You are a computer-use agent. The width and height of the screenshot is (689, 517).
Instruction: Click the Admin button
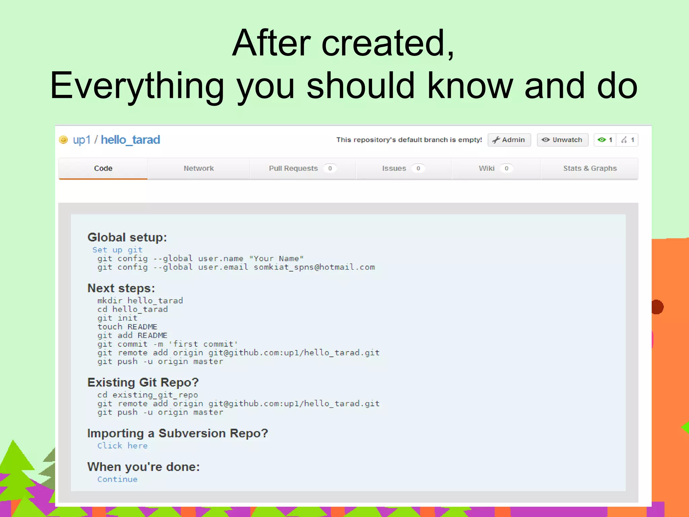pos(509,140)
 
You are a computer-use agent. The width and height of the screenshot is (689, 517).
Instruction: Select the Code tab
pos(103,168)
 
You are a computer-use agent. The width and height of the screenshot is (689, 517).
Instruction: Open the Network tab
pos(198,168)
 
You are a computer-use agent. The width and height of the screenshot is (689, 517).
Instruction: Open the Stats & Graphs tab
pos(589,168)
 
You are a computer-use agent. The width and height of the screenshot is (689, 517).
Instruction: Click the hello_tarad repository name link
pos(131,140)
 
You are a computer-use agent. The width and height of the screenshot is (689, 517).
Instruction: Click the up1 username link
pos(81,140)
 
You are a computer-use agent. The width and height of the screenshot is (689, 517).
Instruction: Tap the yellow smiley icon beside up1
pos(63,140)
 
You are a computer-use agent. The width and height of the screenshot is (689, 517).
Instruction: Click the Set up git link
pos(117,250)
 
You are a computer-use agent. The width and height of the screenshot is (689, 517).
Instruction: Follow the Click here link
pos(122,446)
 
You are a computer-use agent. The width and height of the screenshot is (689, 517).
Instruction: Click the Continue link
pos(117,479)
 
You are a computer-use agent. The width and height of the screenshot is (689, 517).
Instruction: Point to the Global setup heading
pos(127,237)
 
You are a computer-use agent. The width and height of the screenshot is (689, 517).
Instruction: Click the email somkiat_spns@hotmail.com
pos(314,267)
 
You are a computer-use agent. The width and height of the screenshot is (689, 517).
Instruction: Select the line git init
pos(117,318)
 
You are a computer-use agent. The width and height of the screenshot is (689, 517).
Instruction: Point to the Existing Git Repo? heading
pos(143,382)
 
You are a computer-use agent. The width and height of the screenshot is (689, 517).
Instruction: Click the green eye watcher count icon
pos(602,140)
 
